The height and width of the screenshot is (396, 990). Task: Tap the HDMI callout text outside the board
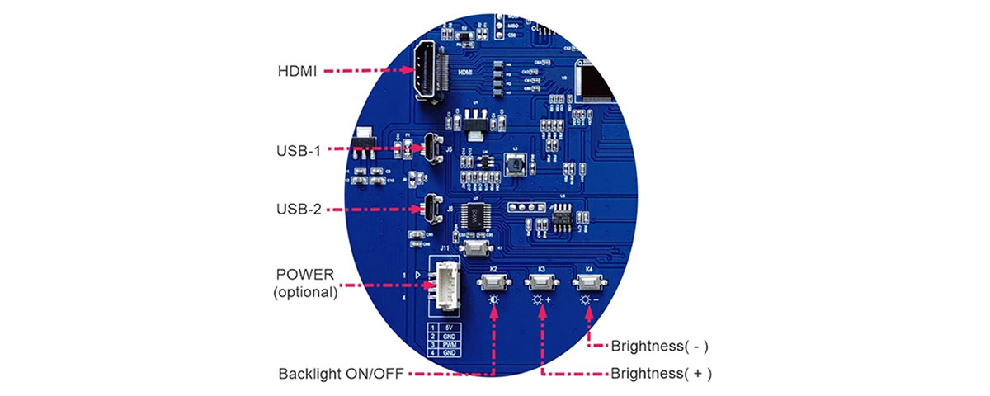point(298,71)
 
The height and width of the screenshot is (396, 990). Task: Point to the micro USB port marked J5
point(431,148)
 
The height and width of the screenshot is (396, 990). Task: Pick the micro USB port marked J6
point(431,208)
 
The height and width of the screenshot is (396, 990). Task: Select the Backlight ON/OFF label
point(340,374)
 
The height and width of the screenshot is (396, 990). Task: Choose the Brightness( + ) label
point(660,373)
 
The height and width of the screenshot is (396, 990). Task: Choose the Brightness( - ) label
point(659,346)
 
